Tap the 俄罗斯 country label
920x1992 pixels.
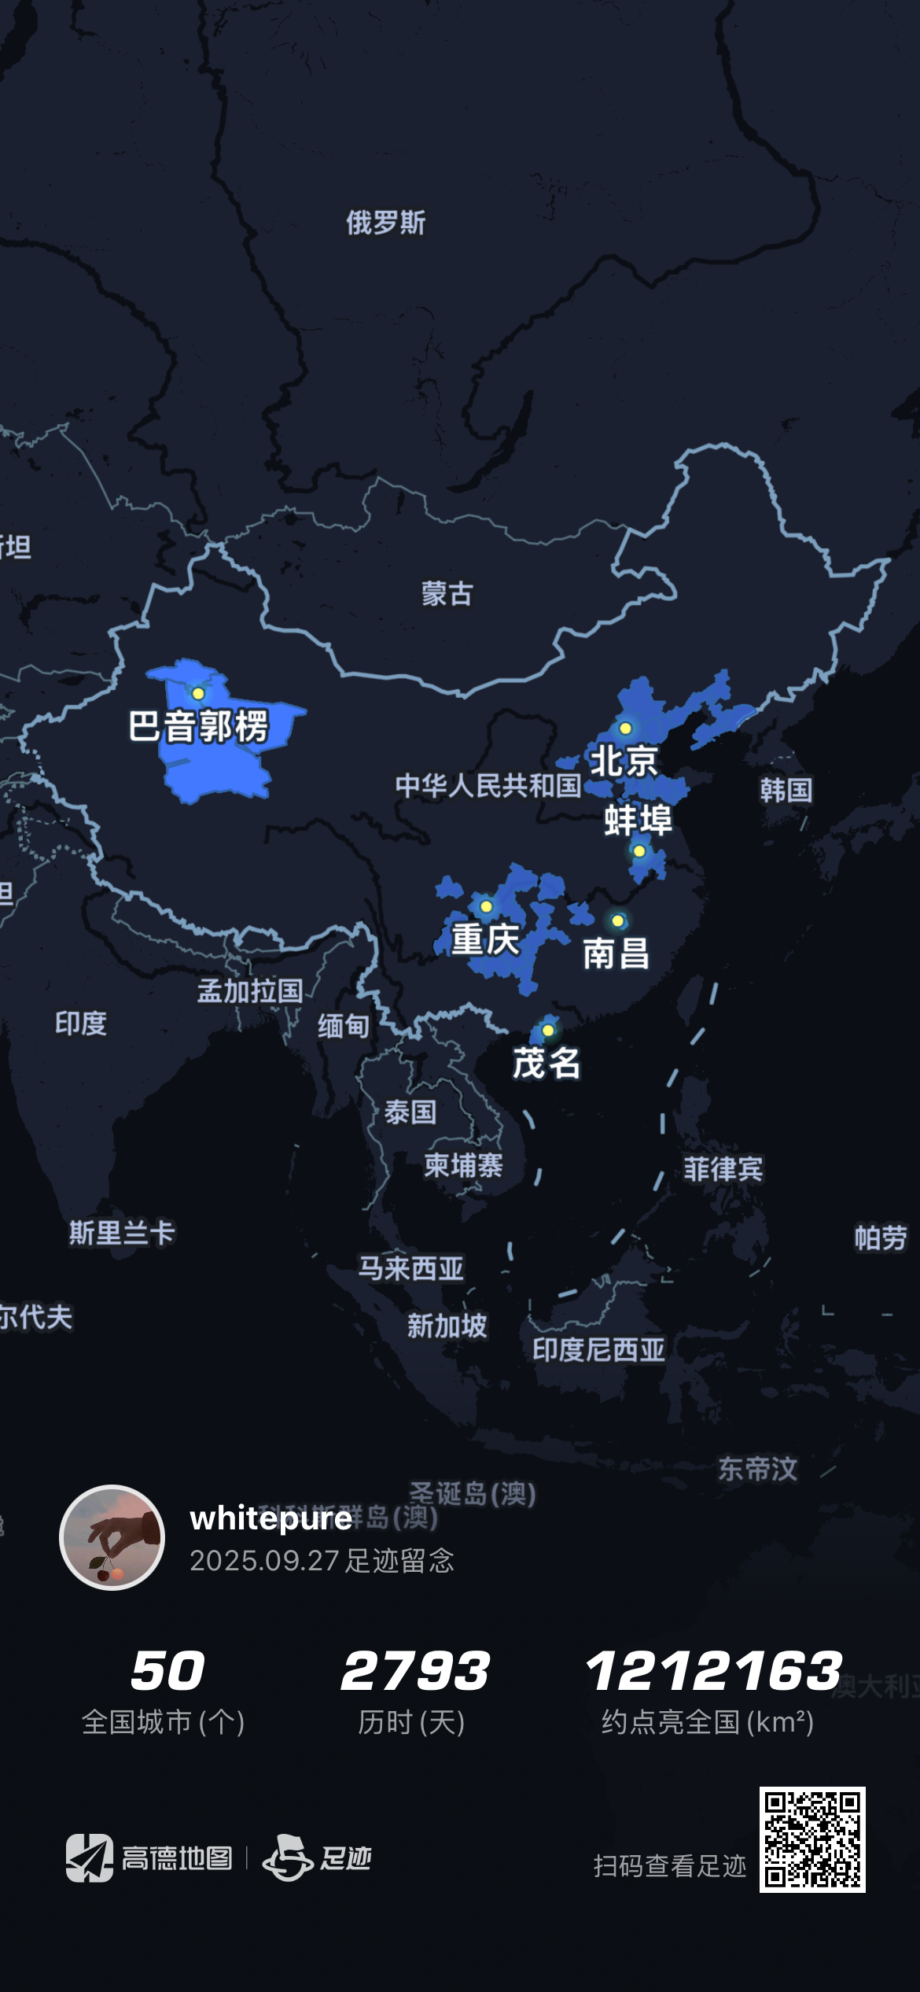[x=385, y=223]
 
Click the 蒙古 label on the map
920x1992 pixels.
[x=447, y=593]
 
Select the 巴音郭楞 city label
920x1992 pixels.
[x=199, y=726]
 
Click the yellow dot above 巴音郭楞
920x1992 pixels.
[x=198, y=693]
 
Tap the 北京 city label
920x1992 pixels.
[x=624, y=761]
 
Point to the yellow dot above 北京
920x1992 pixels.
[x=625, y=729]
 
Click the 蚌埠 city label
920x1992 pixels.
[x=638, y=820]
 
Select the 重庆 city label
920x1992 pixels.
[x=485, y=939]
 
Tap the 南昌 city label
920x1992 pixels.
[x=616, y=954]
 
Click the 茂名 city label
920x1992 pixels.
[x=546, y=1063]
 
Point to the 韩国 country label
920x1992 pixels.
[x=786, y=790]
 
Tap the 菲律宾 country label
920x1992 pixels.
[x=723, y=1169]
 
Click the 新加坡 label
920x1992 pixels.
[x=447, y=1326]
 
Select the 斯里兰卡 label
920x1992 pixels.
[x=122, y=1232]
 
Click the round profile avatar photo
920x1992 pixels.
[x=112, y=1537]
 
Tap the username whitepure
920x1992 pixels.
[x=270, y=1518]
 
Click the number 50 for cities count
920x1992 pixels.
[x=167, y=1671]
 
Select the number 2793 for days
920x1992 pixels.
[x=414, y=1671]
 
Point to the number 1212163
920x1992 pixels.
[x=713, y=1671]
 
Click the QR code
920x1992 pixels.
[x=812, y=1839]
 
